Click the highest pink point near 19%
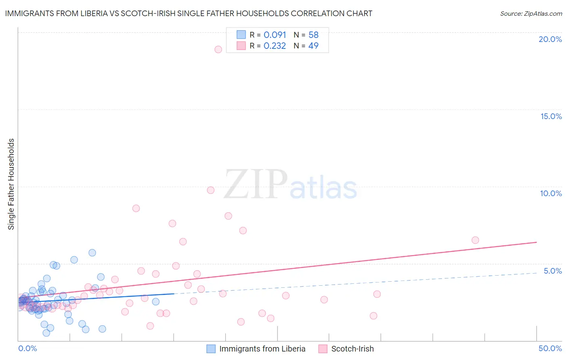pyautogui.click(x=218, y=49)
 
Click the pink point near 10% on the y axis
pyautogui.click(x=211, y=190)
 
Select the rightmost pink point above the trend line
pyautogui.click(x=475, y=240)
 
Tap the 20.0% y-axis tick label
pyautogui.click(x=550, y=39)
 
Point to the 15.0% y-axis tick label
pyautogui.click(x=551, y=116)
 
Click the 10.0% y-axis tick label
pyautogui.click(x=551, y=193)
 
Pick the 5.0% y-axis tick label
pyautogui.click(x=552, y=271)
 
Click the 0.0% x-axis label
pyautogui.click(x=28, y=348)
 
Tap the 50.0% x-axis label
pyautogui.click(x=550, y=348)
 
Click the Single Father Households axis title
pyautogui.click(x=11, y=184)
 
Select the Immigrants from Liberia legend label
pyautogui.click(x=262, y=349)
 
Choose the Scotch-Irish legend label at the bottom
pyautogui.click(x=352, y=349)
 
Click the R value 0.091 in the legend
pyautogui.click(x=275, y=35)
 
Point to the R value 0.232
pyautogui.click(x=275, y=46)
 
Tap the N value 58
pyautogui.click(x=313, y=35)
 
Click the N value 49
pyautogui.click(x=313, y=46)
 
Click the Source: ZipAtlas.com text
pyautogui.click(x=531, y=14)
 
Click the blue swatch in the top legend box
pyautogui.click(x=241, y=35)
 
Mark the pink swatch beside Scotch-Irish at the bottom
pyautogui.click(x=323, y=349)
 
